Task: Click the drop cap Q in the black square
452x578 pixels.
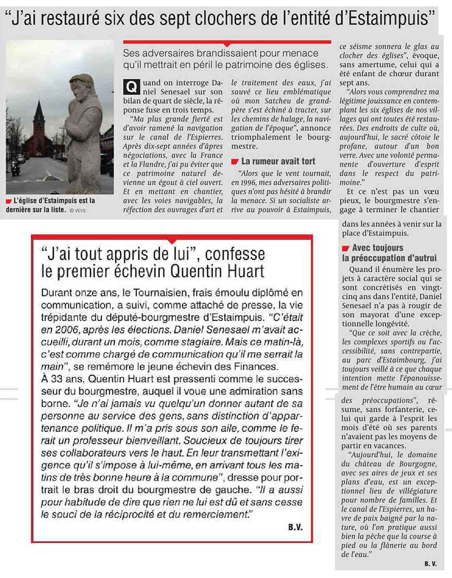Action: [132, 86]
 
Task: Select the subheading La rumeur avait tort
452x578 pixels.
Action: [278, 161]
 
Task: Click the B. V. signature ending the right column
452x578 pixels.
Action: [429, 563]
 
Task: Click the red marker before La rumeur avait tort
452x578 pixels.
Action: [235, 161]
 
